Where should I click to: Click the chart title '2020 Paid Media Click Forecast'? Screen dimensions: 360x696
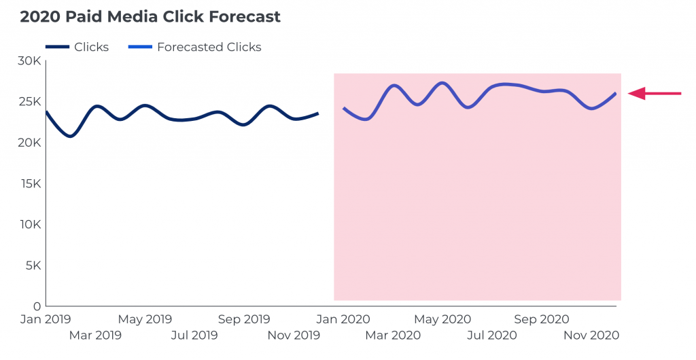(150, 17)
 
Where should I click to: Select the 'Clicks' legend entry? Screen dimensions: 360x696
(91, 47)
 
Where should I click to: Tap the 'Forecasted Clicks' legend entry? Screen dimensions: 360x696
(209, 47)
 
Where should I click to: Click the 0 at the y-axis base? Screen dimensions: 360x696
(38, 306)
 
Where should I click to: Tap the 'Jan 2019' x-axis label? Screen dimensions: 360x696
(46, 319)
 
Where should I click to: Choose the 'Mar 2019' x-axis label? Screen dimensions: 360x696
(95, 335)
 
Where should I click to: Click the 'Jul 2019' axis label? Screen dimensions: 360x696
(194, 335)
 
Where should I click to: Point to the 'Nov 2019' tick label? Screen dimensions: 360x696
(293, 335)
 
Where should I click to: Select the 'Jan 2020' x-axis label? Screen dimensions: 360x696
(345, 319)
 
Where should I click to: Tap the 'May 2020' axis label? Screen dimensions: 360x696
(442, 319)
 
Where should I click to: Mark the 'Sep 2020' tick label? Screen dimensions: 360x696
(541, 319)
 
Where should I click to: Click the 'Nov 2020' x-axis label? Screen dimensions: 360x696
(591, 335)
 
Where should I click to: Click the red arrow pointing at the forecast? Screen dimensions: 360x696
(654, 94)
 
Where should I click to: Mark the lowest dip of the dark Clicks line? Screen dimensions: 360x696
(70, 137)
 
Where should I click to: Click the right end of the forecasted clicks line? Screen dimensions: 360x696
(616, 93)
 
